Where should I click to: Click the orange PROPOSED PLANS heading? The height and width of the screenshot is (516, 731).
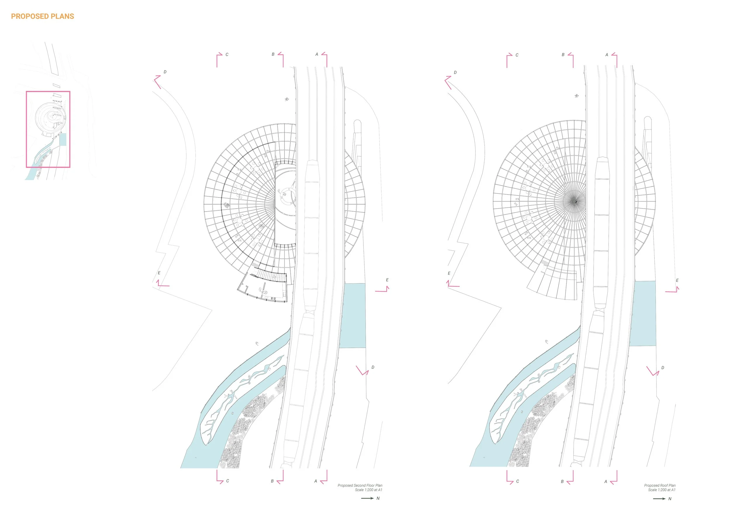coord(42,17)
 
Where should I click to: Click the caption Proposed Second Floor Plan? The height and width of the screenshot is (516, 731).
coord(360,485)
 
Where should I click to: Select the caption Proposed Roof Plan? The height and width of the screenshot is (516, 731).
coord(660,485)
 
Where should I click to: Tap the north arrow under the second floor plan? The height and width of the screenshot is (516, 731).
coord(368,498)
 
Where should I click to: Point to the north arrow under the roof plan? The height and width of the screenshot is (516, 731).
coord(659,498)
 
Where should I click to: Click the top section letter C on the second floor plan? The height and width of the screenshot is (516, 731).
coord(227,55)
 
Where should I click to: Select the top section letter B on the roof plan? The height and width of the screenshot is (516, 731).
coord(563,55)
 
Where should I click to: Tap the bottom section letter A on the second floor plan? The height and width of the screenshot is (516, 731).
coord(315,481)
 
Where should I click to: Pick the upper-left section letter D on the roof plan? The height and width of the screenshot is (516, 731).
coord(455,72)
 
